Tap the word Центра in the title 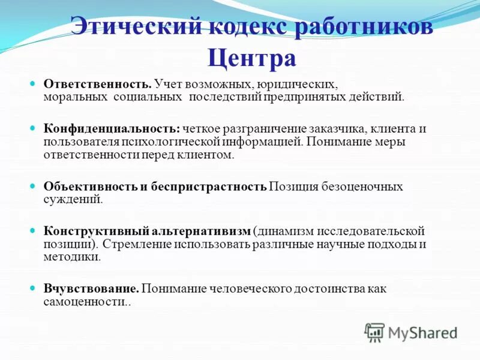[x=252, y=58]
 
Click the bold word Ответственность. [x=97, y=83]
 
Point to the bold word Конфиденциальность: [x=112, y=128]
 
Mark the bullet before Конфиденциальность [x=33, y=128]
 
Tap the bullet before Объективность [x=33, y=185]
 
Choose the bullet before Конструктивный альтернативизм [x=33, y=230]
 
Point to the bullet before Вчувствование [x=33, y=288]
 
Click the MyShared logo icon [x=374, y=332]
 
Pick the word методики [x=71, y=257]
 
